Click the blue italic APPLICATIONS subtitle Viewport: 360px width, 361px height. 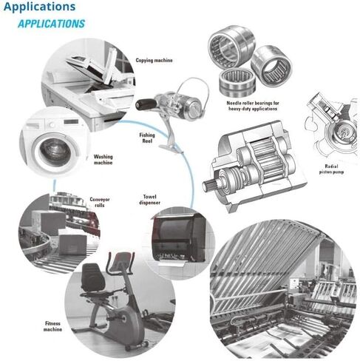(x=50, y=23)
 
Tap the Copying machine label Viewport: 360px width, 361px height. (x=154, y=61)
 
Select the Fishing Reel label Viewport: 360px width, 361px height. (x=147, y=138)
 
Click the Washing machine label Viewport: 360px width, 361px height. (x=103, y=160)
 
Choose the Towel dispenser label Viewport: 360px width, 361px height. (x=151, y=201)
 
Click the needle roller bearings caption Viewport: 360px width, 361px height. (x=241, y=104)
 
